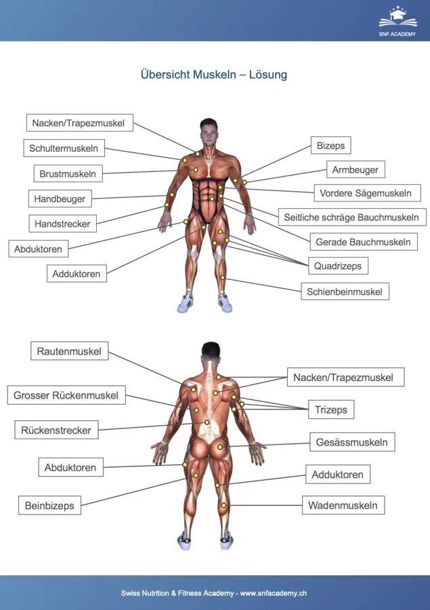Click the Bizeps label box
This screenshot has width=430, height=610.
pos(331,146)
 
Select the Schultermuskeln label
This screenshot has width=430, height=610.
pos(64,148)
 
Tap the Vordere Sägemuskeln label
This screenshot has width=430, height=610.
pos(368,193)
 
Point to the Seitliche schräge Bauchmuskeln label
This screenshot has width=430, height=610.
pos(352,217)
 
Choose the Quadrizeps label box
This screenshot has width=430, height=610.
pos(339,266)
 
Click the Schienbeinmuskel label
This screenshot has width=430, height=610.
pos(345,291)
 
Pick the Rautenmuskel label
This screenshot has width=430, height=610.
pos(70,351)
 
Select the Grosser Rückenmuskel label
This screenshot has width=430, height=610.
pos(66,395)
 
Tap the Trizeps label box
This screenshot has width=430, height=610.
pos(331,409)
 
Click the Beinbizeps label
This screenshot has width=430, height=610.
pos(49,506)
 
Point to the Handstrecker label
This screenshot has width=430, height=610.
pos(62,224)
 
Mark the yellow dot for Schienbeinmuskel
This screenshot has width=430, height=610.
pos(223,277)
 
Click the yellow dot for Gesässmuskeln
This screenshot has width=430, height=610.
pos(219,447)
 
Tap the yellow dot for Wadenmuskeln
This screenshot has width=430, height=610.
pos(224,506)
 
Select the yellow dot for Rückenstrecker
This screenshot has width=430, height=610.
pos(207,422)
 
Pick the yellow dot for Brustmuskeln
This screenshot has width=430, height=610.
pos(196,170)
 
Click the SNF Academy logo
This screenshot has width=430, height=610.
pos(397,21)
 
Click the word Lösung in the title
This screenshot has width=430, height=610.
pos(268,75)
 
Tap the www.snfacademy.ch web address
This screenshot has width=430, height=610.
pos(274,593)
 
